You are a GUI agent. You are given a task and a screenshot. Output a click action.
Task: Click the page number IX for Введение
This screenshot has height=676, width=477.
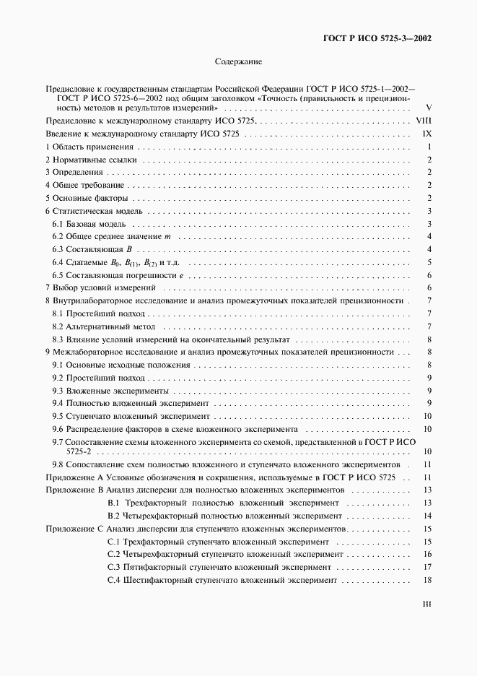pyautogui.click(x=426, y=134)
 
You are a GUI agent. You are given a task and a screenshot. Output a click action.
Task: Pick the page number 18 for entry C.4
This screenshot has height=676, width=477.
pyautogui.click(x=427, y=581)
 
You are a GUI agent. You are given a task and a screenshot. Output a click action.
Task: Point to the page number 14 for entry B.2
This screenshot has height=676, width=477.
pyautogui.click(x=427, y=516)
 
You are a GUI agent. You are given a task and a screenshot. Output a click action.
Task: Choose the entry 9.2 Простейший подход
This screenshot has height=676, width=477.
pyautogui.click(x=98, y=378)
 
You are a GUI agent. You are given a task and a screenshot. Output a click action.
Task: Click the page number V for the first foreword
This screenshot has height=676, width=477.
pyautogui.click(x=429, y=107)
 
